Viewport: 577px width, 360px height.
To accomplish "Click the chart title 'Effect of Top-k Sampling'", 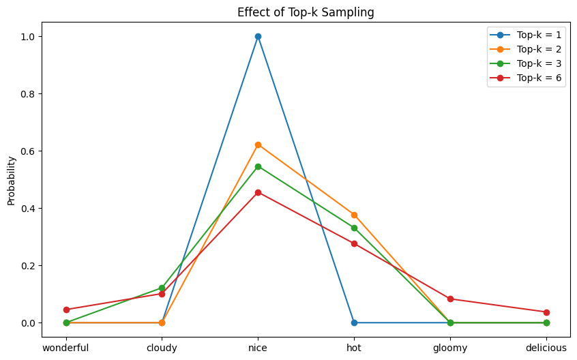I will [306, 12].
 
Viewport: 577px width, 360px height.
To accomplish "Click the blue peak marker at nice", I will [258, 36].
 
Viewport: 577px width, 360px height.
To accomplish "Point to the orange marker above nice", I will [258, 145].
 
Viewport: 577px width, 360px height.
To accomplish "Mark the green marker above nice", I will [258, 166].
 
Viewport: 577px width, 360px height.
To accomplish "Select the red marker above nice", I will [258, 192].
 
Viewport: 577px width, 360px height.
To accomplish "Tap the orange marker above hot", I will [354, 215].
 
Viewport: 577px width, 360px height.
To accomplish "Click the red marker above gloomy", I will [450, 299].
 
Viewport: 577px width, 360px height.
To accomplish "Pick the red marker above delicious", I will [546, 312].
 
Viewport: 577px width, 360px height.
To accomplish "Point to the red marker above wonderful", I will [66, 310].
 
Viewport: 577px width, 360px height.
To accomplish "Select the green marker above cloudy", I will [162, 288].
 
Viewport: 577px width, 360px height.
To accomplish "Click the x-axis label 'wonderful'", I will [66, 348].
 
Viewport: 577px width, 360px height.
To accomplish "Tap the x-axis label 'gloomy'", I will [450, 348].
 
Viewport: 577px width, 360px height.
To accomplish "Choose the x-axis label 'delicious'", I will [546, 348].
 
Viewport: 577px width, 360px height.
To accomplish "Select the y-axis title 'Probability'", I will [12, 180].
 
